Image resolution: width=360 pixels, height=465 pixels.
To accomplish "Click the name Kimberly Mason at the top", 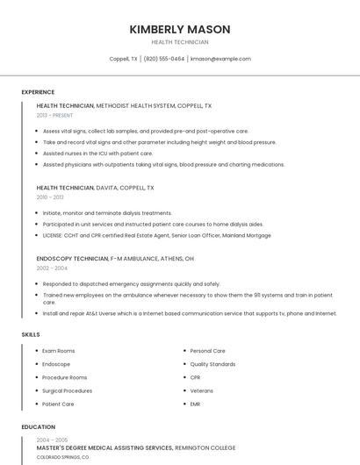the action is coord(180,29).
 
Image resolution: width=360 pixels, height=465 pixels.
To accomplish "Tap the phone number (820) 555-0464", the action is coord(164,59).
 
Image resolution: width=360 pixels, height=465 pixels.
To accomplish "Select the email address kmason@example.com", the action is coord(220,59).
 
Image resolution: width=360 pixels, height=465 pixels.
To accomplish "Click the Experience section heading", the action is coord(38,92).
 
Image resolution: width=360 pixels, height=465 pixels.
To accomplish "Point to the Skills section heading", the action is coord(31,334).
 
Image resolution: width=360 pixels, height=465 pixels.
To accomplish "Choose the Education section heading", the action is coord(38,427).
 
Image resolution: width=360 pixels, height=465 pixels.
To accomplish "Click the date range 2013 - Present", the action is coord(54,115).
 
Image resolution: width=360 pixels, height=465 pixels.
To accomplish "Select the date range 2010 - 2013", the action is coord(50,197).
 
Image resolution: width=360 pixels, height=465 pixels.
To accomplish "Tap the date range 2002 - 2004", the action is coord(51,268).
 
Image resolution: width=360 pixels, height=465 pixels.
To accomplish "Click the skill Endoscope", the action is coord(56,364).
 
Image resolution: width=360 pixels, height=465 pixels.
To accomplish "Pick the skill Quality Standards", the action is coord(212,364).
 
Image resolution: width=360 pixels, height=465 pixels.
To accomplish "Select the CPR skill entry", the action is coord(195,377).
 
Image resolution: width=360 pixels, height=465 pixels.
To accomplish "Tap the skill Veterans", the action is coord(201,390).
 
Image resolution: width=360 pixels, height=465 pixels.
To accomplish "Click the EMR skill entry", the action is coord(195,404).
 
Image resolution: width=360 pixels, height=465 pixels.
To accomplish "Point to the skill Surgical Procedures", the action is coord(67,390).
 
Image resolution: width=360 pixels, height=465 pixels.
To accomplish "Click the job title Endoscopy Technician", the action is coord(72,259).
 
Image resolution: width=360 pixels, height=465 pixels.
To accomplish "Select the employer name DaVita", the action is coord(107,188).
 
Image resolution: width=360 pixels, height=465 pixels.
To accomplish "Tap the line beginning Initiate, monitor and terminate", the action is coord(107,213).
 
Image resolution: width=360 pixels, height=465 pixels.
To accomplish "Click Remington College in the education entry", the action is coord(205,447).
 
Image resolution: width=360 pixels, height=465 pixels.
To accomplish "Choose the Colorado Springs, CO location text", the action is coord(62,457).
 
